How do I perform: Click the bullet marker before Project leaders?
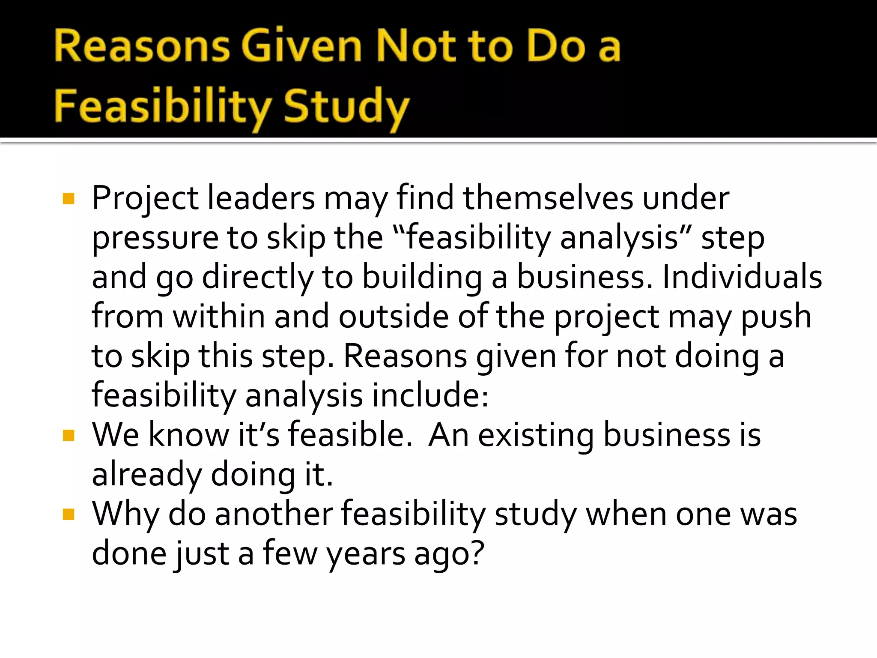click(x=69, y=199)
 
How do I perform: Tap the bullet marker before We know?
click(x=69, y=436)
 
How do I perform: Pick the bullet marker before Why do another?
click(x=69, y=514)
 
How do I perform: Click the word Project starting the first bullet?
click(x=145, y=199)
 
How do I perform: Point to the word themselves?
click(x=548, y=198)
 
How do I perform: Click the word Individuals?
click(x=742, y=277)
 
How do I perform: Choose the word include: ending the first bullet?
click(x=430, y=395)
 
